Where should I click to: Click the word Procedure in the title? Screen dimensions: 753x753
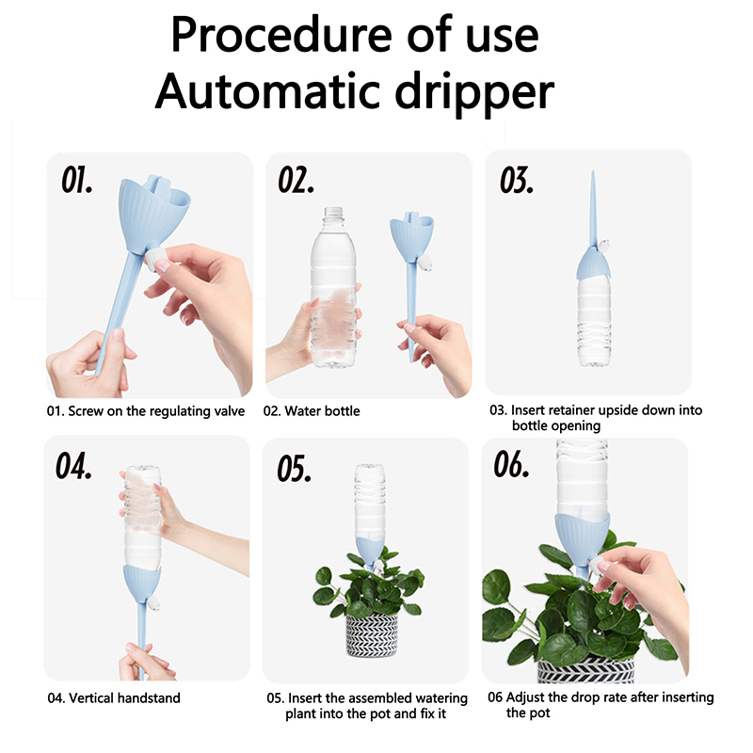tap(281, 36)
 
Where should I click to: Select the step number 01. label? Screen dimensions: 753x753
tap(77, 180)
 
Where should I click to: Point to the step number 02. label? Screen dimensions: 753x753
tap(296, 180)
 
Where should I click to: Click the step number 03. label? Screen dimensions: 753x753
tap(517, 181)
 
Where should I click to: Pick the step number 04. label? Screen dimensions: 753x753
tap(73, 466)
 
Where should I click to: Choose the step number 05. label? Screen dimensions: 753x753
tap(294, 468)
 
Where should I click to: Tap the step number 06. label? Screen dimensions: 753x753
tap(511, 464)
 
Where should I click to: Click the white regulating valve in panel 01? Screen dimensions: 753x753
tap(155, 260)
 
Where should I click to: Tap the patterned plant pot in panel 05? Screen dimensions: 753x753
tap(372, 633)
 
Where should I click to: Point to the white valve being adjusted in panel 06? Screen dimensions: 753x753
tap(596, 567)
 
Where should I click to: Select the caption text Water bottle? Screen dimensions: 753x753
tap(322, 411)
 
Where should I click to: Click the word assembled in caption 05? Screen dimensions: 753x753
tap(376, 697)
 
